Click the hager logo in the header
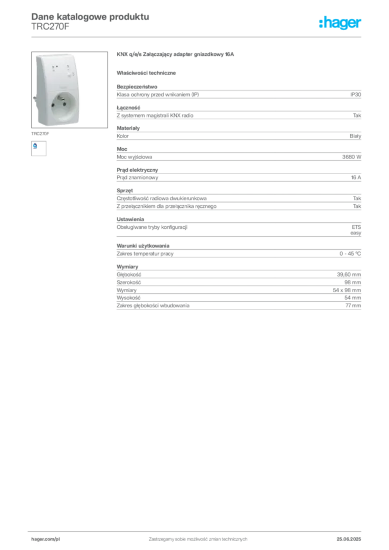[x=340, y=23]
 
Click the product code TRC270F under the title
[x=50, y=27]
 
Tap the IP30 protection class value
[x=355, y=95]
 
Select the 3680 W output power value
[x=351, y=157]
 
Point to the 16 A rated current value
[x=356, y=177]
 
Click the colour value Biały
[x=355, y=136]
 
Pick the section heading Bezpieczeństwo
[x=137, y=86]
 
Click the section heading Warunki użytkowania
[x=143, y=246]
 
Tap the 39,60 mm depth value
[x=349, y=274]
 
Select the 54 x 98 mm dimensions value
[x=347, y=290]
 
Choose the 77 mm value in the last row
[x=353, y=306]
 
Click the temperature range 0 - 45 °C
[x=350, y=254]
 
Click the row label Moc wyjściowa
[x=134, y=157]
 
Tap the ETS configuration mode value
[x=356, y=227]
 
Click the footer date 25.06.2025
[x=349, y=539]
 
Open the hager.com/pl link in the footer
[x=46, y=539]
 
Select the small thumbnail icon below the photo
[x=39, y=148]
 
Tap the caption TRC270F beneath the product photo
[x=40, y=134]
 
